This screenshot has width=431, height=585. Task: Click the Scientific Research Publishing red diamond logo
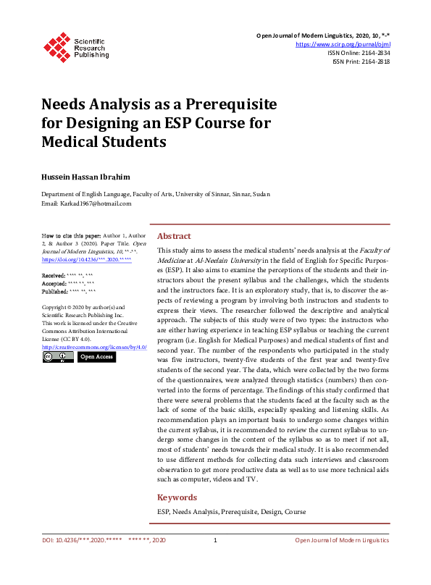click(x=57, y=46)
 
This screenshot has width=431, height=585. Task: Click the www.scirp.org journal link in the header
click(x=344, y=44)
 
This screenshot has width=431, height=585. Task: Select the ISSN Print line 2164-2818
click(x=361, y=62)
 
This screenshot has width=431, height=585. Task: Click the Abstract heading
click(x=174, y=236)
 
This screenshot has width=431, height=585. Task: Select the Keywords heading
click(x=177, y=497)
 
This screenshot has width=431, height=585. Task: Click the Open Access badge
click(x=96, y=357)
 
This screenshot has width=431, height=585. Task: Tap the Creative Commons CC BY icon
click(x=58, y=357)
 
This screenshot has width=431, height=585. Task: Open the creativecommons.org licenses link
click(x=94, y=347)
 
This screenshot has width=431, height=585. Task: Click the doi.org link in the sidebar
click(x=87, y=258)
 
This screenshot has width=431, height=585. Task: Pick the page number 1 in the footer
click(x=215, y=541)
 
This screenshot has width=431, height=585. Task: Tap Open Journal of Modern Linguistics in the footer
click(x=342, y=541)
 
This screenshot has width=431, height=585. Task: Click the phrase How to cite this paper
click(x=71, y=237)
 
